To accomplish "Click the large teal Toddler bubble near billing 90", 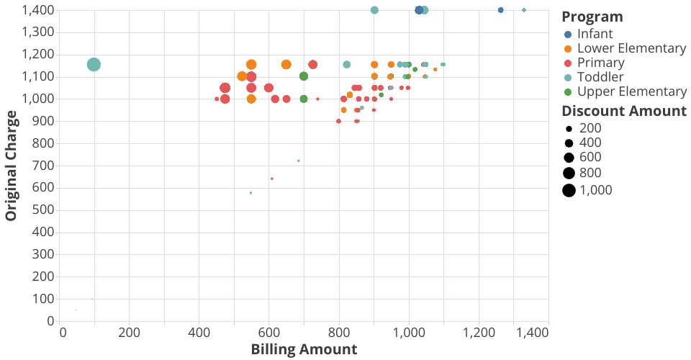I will tap(94, 65).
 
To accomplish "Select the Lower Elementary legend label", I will tap(631, 48).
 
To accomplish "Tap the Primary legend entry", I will tap(600, 63).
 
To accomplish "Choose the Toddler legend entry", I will tap(600, 77).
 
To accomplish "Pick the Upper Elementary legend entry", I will tap(631, 91).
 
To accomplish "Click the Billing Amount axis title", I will tap(304, 350).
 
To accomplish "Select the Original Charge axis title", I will tap(11, 166).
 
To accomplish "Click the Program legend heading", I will tap(592, 17).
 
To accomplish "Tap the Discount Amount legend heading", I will tap(624, 111).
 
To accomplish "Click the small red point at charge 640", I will tap(271, 179).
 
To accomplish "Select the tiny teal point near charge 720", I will tap(299, 161).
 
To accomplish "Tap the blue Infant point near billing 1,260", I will tap(501, 10).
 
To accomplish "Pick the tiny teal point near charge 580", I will tap(250, 192).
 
